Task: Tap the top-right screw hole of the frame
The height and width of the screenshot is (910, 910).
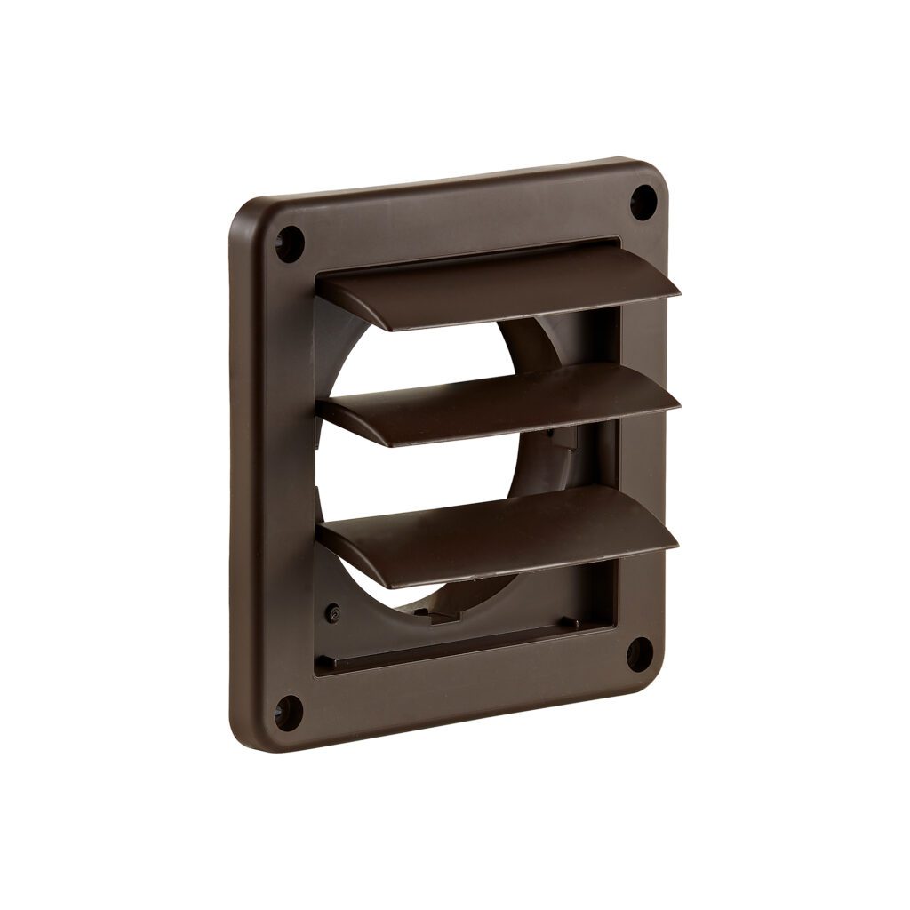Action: point(643,200)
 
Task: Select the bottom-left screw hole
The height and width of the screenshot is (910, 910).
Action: point(288,712)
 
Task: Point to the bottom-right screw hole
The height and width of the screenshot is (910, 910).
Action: point(639,654)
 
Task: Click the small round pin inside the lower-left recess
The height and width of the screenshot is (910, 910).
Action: point(333,613)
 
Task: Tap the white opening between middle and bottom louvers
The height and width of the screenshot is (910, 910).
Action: point(391,480)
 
